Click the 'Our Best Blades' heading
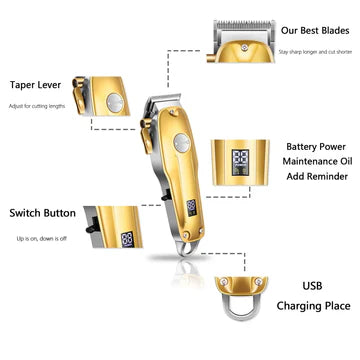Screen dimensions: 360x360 315,31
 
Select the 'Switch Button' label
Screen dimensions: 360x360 42,213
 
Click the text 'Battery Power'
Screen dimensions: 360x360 315,146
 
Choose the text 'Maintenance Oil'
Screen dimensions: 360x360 315,164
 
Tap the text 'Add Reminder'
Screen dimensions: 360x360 315,182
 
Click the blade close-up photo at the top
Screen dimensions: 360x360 240,40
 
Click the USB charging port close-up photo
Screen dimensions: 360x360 240,295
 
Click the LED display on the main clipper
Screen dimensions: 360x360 190,208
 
